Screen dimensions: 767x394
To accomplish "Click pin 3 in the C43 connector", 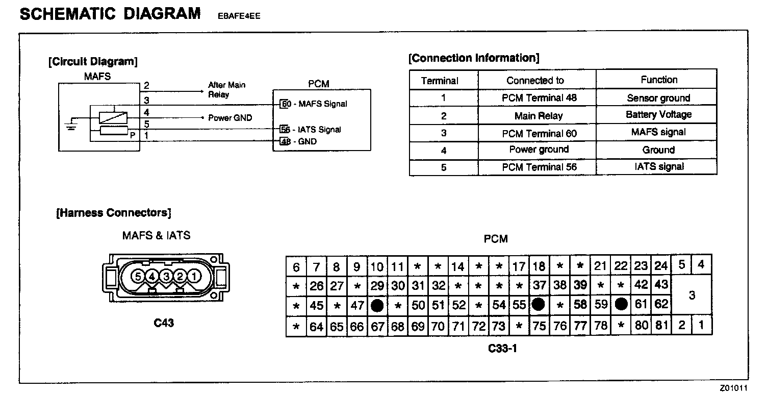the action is [x=166, y=276].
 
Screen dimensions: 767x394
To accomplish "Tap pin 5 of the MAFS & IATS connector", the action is [x=138, y=276].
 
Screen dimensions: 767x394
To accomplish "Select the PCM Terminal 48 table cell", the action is [x=539, y=98].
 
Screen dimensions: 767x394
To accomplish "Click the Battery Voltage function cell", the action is [x=658, y=115].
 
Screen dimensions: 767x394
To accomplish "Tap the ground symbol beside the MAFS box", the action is [x=71, y=124].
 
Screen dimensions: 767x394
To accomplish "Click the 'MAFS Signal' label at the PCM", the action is [x=322, y=104].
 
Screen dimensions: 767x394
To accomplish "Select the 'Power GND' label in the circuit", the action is [x=230, y=118].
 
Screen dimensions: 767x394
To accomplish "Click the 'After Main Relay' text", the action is [x=226, y=89].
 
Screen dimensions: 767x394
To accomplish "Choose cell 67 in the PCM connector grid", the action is [x=377, y=327].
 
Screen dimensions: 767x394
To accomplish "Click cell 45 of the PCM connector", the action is [x=317, y=306].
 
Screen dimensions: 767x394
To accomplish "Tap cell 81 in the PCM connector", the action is [x=661, y=326].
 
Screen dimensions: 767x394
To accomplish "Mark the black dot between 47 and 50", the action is [x=377, y=306].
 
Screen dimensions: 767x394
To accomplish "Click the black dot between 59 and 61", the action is [x=621, y=305].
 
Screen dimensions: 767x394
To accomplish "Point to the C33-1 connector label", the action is [x=502, y=349].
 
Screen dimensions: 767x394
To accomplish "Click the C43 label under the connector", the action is [x=164, y=323].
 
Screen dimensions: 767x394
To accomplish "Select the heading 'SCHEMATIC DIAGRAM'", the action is [x=110, y=14].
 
